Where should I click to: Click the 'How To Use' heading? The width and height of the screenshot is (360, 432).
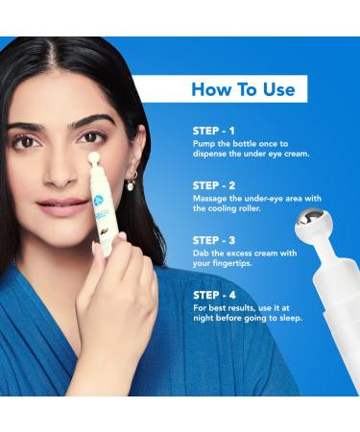tap(243, 89)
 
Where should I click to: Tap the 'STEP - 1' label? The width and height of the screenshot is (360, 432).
tap(213, 131)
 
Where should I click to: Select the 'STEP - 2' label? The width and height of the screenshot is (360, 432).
tap(214, 185)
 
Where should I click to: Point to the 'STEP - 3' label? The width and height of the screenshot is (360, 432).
tap(214, 240)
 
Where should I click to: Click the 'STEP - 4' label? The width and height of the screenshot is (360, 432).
tap(214, 295)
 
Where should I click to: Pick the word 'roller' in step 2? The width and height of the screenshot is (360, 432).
tap(250, 208)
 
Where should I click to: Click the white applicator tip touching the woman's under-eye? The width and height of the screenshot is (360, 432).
tap(94, 157)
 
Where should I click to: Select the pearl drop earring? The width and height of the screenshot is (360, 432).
tap(132, 186)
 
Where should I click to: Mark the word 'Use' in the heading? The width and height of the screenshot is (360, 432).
tap(279, 89)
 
